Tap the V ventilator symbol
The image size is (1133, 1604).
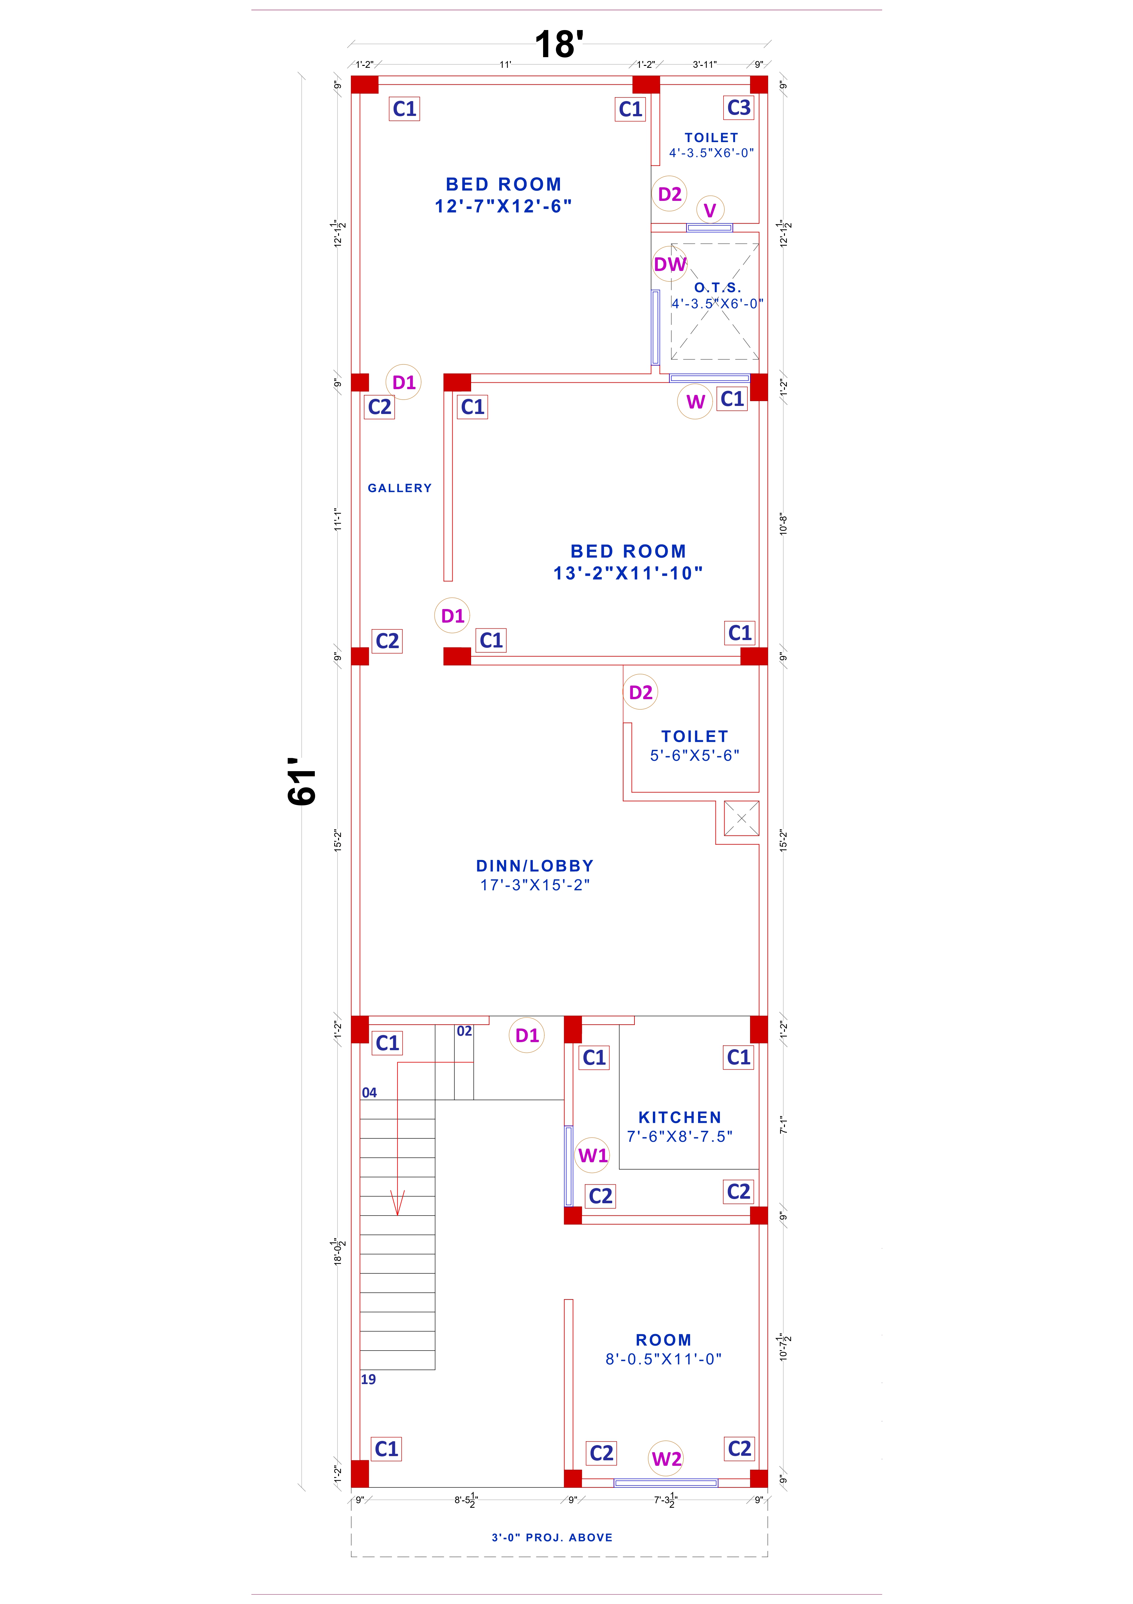pyautogui.click(x=710, y=210)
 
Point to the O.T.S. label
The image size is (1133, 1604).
pyautogui.click(x=717, y=287)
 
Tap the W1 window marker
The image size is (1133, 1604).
pyautogui.click(x=593, y=1155)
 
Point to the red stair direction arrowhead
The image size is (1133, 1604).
pyautogui.click(x=397, y=1203)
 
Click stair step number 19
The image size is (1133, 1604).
pyautogui.click(x=368, y=1379)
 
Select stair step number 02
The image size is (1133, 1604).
pyautogui.click(x=464, y=1031)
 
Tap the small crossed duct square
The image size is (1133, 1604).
pyautogui.click(x=741, y=818)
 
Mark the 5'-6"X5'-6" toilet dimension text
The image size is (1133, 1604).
pyautogui.click(x=694, y=755)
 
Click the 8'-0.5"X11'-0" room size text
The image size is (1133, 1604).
pyautogui.click(x=663, y=1359)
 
